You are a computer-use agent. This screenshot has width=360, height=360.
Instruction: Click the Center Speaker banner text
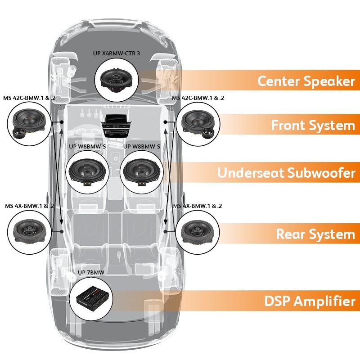tap(306, 81)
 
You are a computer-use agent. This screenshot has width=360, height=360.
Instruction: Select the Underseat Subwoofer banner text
tap(286, 173)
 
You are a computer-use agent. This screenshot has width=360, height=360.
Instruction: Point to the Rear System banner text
tap(315, 234)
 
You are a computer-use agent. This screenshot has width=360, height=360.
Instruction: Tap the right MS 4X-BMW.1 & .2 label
tap(198, 206)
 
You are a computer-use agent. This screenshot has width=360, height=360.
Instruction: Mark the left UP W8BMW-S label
tap(87, 146)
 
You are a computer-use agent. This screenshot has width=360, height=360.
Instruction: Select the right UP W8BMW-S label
tap(141, 146)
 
